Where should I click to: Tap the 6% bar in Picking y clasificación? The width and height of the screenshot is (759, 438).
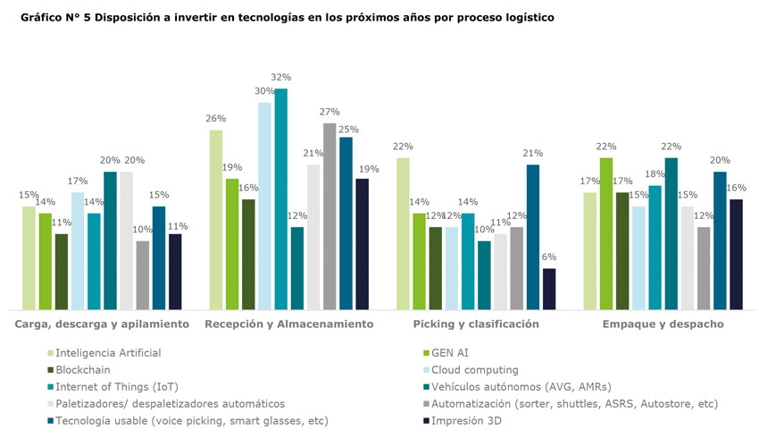point(549,288)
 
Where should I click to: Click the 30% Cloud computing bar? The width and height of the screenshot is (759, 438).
point(265,206)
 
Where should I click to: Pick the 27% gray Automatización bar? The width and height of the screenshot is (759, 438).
point(329,215)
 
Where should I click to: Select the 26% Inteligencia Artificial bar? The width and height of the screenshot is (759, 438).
point(216,219)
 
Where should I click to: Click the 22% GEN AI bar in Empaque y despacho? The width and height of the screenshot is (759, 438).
point(606,232)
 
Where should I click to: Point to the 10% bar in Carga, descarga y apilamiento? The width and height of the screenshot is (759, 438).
point(143,274)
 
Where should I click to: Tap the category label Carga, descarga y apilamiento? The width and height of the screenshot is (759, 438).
point(101,324)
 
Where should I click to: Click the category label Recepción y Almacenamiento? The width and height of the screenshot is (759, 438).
point(288,324)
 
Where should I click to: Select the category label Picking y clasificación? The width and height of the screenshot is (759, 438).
point(476,324)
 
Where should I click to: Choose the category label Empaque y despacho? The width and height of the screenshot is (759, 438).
point(663,324)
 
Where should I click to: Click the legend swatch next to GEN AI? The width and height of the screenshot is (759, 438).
point(426,352)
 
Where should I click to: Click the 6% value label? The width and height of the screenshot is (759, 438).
point(549,257)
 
